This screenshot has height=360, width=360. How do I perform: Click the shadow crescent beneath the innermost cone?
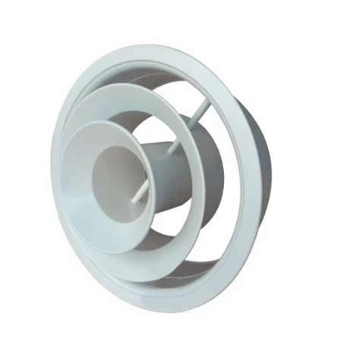click(163, 239)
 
